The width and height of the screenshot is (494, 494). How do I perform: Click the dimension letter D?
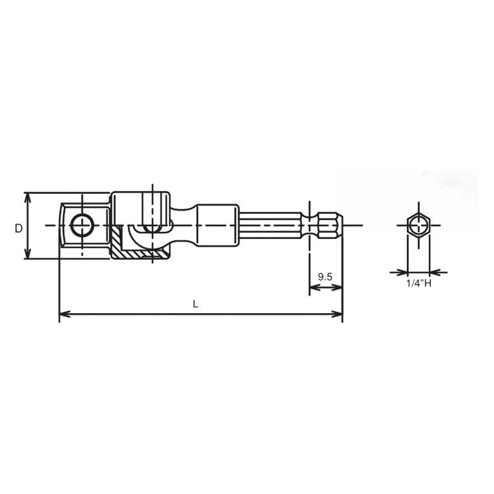19,228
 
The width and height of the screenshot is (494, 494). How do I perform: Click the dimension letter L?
195,303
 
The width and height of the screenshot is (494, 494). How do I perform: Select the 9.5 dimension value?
325,277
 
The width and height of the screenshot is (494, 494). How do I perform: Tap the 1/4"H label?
418,284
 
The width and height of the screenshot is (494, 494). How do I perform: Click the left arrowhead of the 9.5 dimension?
312,288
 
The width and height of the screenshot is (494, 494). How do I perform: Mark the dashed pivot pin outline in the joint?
149,212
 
